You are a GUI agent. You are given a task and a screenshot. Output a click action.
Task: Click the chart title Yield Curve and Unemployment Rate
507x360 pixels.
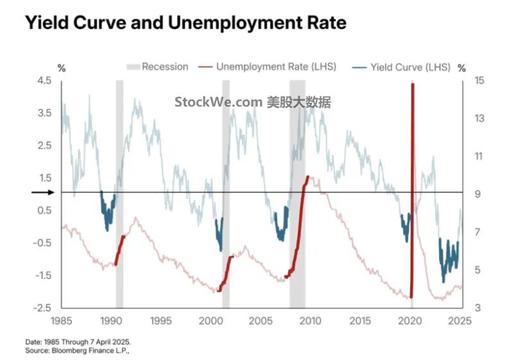pyautogui.click(x=185, y=23)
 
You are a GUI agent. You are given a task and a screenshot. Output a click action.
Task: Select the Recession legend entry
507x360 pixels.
pyautogui.click(x=157, y=67)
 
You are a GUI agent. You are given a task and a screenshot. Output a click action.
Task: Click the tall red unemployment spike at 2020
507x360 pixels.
pyautogui.click(x=412, y=186)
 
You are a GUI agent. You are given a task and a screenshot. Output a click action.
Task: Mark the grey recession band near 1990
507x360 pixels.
pyautogui.click(x=119, y=193)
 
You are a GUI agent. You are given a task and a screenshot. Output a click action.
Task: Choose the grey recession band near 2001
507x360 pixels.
pyautogui.click(x=226, y=193)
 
